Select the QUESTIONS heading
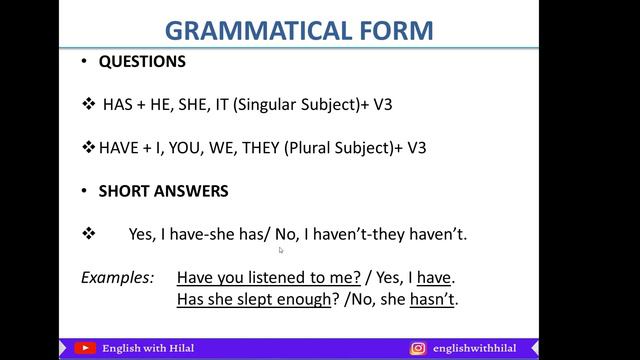[x=142, y=61]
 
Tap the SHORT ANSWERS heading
[x=163, y=191]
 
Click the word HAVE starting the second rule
[x=119, y=147]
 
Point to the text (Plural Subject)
[x=339, y=147]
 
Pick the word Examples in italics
[x=117, y=276]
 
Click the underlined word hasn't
[x=434, y=299]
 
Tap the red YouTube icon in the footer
[x=86, y=348]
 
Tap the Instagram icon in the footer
[x=418, y=348]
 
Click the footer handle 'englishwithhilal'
[x=479, y=348]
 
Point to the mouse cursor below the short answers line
[x=281, y=251]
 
